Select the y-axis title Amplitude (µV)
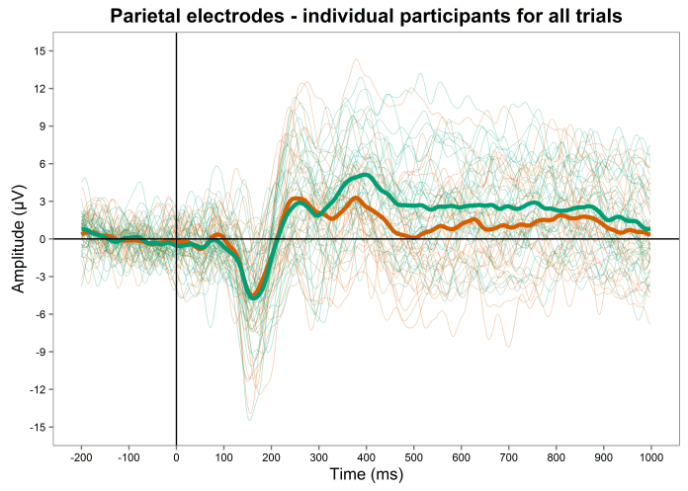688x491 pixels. [20, 238]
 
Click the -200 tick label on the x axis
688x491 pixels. [81, 457]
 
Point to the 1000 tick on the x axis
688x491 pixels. [650, 457]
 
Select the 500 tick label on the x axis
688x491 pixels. [413, 457]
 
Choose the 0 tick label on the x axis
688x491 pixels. [176, 457]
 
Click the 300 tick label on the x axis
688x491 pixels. [318, 457]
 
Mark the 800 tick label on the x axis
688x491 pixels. [556, 457]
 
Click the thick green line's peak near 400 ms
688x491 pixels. [366, 175]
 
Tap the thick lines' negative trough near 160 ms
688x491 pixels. [253, 296]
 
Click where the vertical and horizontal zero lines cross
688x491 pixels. [176, 239]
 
